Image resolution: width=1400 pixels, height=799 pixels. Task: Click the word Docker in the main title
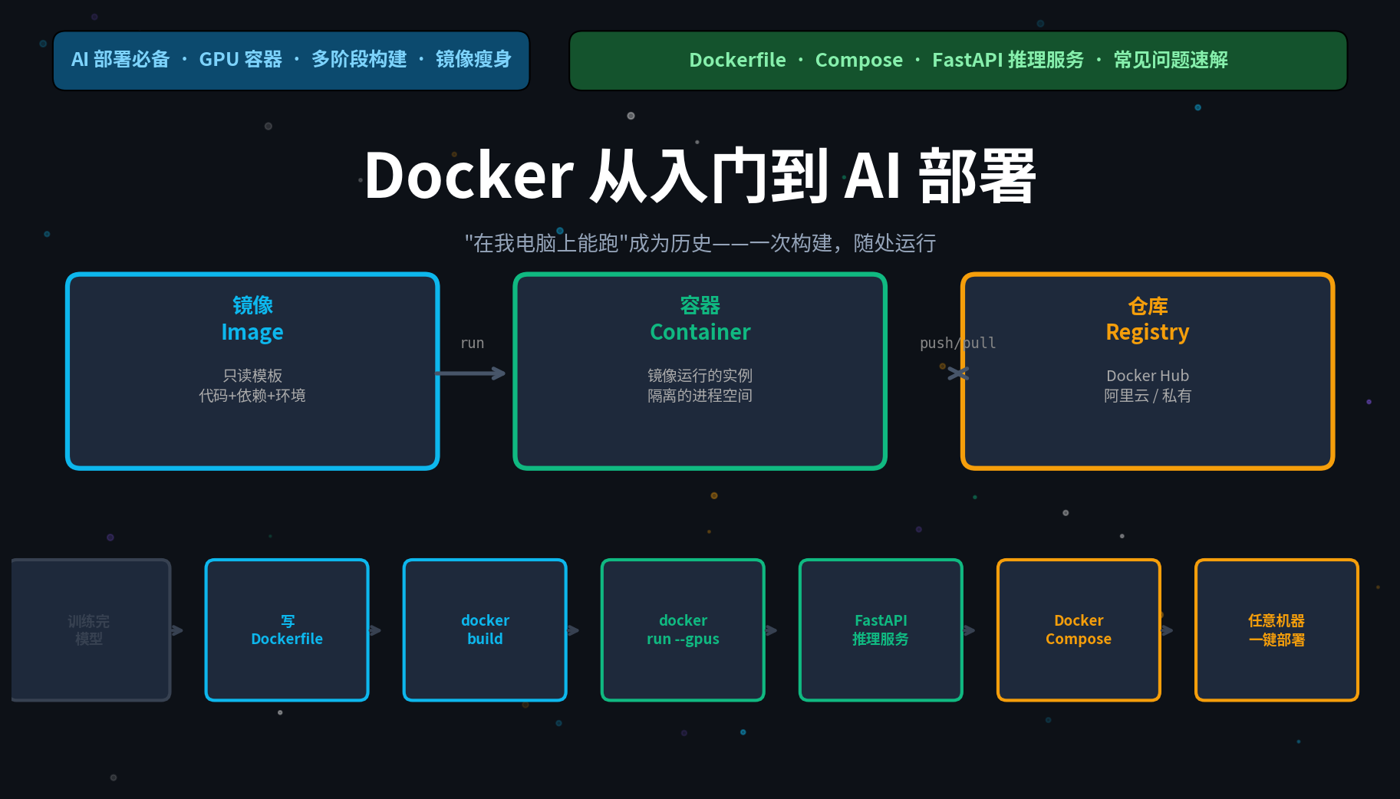469,176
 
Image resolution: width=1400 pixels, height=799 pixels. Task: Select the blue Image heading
252,332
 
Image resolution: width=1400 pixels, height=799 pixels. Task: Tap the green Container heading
700,332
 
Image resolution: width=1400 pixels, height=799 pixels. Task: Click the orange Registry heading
1147,332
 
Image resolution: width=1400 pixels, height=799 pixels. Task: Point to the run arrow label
472,343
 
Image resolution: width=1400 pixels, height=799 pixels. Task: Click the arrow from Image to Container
470,373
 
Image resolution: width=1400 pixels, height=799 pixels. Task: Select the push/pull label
957,343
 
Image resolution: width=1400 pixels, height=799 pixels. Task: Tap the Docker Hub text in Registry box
1147,376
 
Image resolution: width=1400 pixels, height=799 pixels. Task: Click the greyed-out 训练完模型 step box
90,630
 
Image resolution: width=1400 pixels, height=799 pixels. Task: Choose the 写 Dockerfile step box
287,630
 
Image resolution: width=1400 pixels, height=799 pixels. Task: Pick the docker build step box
485,630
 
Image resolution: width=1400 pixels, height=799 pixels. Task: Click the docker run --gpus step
683,630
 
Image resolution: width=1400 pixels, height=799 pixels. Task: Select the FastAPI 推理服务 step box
881,630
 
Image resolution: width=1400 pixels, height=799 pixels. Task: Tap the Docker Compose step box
1078,630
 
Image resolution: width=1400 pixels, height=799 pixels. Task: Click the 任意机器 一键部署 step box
1276,630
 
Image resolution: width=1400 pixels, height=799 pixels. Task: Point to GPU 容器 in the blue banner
240,60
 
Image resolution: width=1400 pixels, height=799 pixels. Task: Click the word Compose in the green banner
858,60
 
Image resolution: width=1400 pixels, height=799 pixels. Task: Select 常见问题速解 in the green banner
1170,60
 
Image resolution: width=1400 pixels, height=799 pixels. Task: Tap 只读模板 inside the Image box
252,376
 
